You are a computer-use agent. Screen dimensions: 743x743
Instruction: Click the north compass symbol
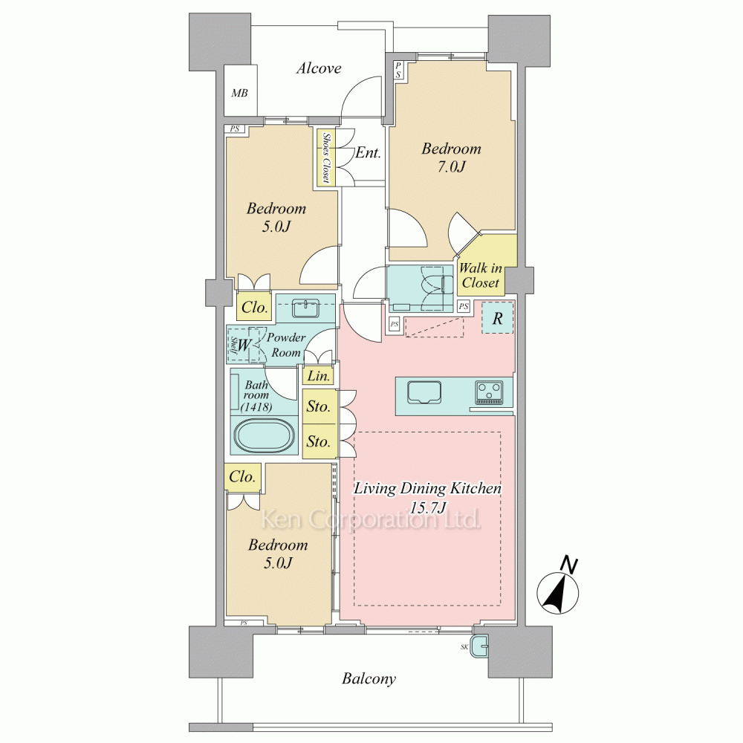(558, 588)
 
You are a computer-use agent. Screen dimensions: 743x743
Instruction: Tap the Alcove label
(319, 68)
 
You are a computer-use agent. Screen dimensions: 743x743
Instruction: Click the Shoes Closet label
(326, 158)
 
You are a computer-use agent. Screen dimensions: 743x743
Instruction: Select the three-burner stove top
(490, 393)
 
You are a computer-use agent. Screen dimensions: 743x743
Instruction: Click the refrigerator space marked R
(497, 317)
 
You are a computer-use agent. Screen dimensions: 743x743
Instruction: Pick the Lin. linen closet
(319, 375)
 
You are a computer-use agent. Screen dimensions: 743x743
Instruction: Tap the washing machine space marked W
(243, 345)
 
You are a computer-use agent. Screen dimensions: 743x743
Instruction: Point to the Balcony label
(369, 678)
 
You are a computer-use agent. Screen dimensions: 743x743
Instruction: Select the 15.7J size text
(428, 508)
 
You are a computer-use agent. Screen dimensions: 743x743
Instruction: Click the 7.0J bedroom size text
(451, 166)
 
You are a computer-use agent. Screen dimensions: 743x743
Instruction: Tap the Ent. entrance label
(369, 152)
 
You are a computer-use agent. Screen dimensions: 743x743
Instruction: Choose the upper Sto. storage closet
(319, 406)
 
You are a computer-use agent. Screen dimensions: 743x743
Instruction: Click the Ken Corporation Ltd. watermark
(371, 519)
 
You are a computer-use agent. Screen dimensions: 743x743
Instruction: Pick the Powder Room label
(286, 345)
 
